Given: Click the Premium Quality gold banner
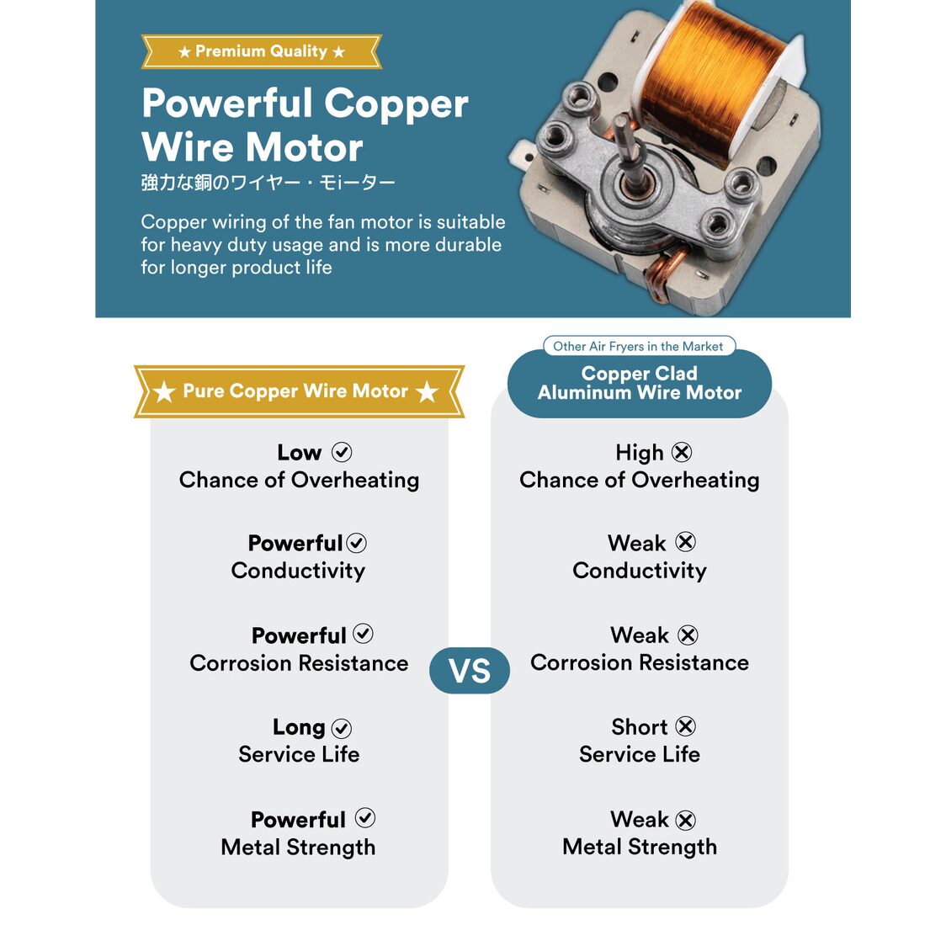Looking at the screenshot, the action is [261, 51].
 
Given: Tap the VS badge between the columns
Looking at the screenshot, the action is [470, 670].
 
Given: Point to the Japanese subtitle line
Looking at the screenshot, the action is [268, 182].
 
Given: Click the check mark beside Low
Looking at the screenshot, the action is [342, 452].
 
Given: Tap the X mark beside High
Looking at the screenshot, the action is [682, 452].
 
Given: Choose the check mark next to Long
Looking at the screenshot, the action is [342, 728].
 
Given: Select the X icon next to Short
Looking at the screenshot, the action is [685, 725].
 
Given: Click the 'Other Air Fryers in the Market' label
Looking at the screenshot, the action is [638, 346].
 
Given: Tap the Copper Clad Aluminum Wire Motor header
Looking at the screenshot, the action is [640, 382].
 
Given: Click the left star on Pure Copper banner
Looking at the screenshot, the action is [163, 391].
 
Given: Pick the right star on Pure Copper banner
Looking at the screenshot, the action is [428, 391].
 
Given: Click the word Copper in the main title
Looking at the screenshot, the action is [396, 104].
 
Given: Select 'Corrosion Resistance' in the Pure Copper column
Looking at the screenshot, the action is [299, 663].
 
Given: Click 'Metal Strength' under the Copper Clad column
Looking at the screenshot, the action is [640, 847].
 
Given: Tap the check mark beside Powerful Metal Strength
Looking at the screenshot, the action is [365, 817].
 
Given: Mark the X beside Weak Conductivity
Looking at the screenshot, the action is [685, 542].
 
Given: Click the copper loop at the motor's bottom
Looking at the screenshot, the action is [666, 274].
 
